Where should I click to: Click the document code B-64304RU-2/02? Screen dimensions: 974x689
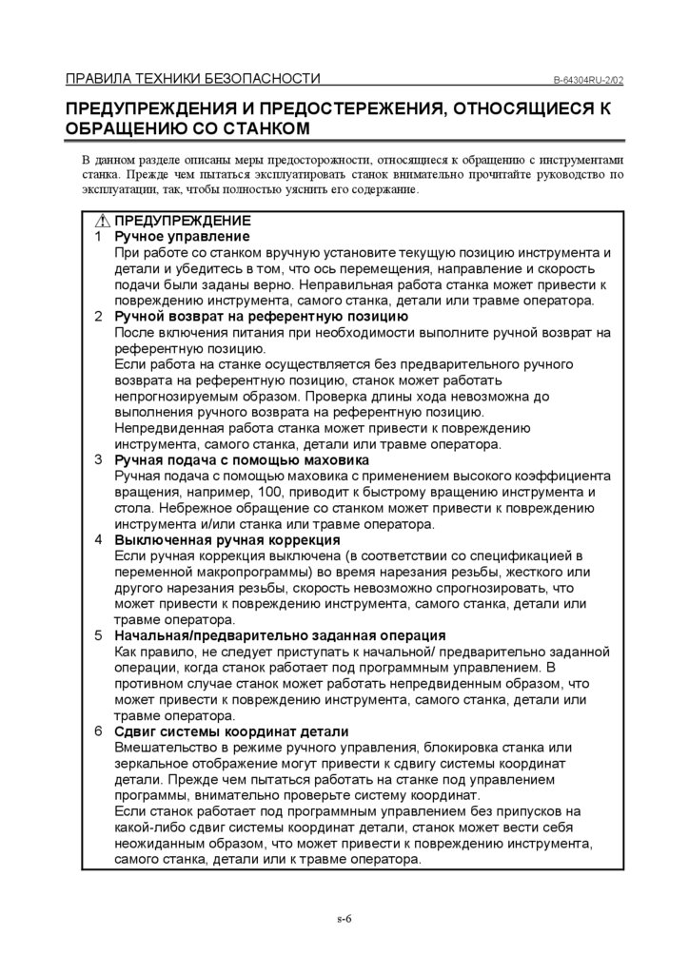(x=586, y=80)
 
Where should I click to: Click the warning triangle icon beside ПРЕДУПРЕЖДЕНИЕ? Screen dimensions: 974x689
(x=102, y=221)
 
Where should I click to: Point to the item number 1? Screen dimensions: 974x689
(x=99, y=236)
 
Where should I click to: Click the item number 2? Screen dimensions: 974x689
(x=99, y=316)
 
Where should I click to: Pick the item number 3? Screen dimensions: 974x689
(x=99, y=459)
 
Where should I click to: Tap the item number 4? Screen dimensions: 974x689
(x=99, y=539)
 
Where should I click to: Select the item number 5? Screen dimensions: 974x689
(x=99, y=634)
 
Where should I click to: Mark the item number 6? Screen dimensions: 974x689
(x=99, y=731)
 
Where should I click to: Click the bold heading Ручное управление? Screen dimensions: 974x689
(x=182, y=236)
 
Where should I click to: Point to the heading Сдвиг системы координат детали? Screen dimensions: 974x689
(x=231, y=731)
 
